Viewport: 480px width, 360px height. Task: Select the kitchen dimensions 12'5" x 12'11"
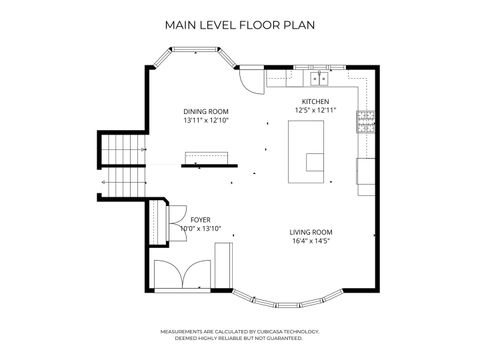point(315,109)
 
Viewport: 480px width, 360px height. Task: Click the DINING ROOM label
point(206,111)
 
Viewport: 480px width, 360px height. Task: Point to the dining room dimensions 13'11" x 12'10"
point(206,121)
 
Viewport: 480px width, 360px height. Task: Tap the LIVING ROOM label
point(310,232)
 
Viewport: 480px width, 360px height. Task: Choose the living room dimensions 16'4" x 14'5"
point(310,242)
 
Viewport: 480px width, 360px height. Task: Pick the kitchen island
point(307,151)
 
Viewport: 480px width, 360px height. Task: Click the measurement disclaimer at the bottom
point(240,335)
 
